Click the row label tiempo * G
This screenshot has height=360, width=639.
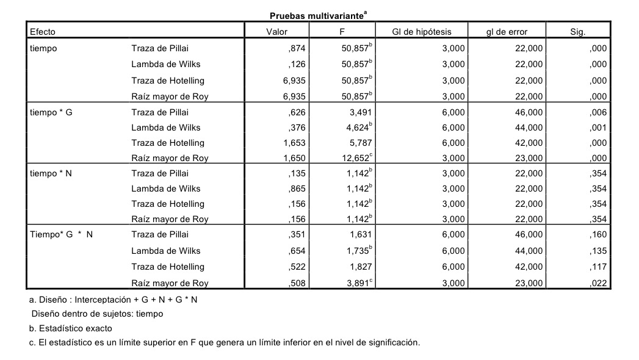51,112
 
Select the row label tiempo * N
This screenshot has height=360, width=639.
51,173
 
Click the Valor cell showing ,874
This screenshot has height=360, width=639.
297,49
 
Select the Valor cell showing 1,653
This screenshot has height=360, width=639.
293,143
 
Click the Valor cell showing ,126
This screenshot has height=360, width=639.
297,64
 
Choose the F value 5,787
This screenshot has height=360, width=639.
357,143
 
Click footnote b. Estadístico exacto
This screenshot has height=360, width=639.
71,328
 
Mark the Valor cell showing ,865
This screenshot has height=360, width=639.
297,189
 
